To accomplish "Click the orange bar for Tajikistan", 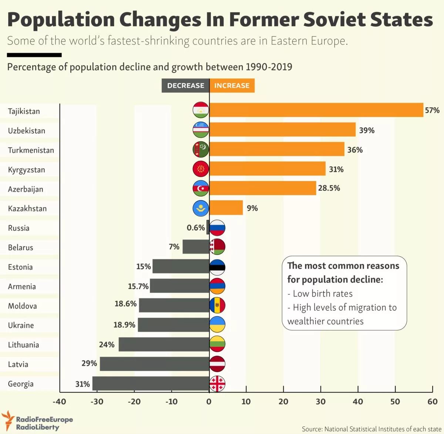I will tap(316, 110).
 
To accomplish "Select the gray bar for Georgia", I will tap(151, 383).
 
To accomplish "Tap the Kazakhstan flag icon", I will tap(201, 208).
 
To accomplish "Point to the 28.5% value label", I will tap(329, 188).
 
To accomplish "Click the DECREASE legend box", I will tap(185, 86).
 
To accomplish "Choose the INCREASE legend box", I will tap(232, 86).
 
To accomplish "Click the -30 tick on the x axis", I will tap(97, 402).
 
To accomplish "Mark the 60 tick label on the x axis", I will tap(432, 402).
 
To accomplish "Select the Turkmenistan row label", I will tap(31, 150).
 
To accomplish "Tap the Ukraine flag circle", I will tap(217, 324).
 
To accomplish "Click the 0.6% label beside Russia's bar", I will tap(196, 228).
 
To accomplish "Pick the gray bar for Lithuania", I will tap(164, 344).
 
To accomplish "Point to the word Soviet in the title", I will tap(332, 19).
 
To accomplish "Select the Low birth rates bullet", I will tap(320, 294).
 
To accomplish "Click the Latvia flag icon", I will tap(217, 364).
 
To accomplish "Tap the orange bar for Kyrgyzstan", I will tap(268, 168).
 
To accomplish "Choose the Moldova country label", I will tap(23, 306).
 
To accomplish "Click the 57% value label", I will tap(432, 110).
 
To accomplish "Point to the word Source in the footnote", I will tap(312, 429).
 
